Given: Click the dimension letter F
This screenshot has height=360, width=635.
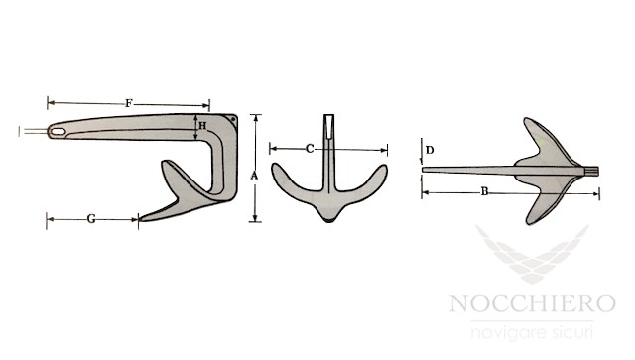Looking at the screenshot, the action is pyautogui.click(x=129, y=103).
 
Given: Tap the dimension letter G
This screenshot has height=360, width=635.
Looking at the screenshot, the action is pyautogui.click(x=91, y=219).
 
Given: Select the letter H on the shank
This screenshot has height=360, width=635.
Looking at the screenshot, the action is pyautogui.click(x=202, y=126).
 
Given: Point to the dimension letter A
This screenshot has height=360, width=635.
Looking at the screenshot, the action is pyautogui.click(x=254, y=176).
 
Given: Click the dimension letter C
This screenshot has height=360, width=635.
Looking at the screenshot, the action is pyautogui.click(x=310, y=149).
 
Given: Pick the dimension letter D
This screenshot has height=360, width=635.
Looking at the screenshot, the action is pyautogui.click(x=430, y=150).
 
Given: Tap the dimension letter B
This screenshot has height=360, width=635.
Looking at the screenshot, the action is pyautogui.click(x=484, y=191).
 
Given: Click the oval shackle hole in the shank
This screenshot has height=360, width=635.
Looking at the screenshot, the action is pyautogui.click(x=58, y=132).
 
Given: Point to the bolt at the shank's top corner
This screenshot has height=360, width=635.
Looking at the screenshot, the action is pyautogui.click(x=233, y=119).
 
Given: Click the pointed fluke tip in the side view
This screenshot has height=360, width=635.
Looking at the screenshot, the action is pyautogui.click(x=140, y=219).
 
